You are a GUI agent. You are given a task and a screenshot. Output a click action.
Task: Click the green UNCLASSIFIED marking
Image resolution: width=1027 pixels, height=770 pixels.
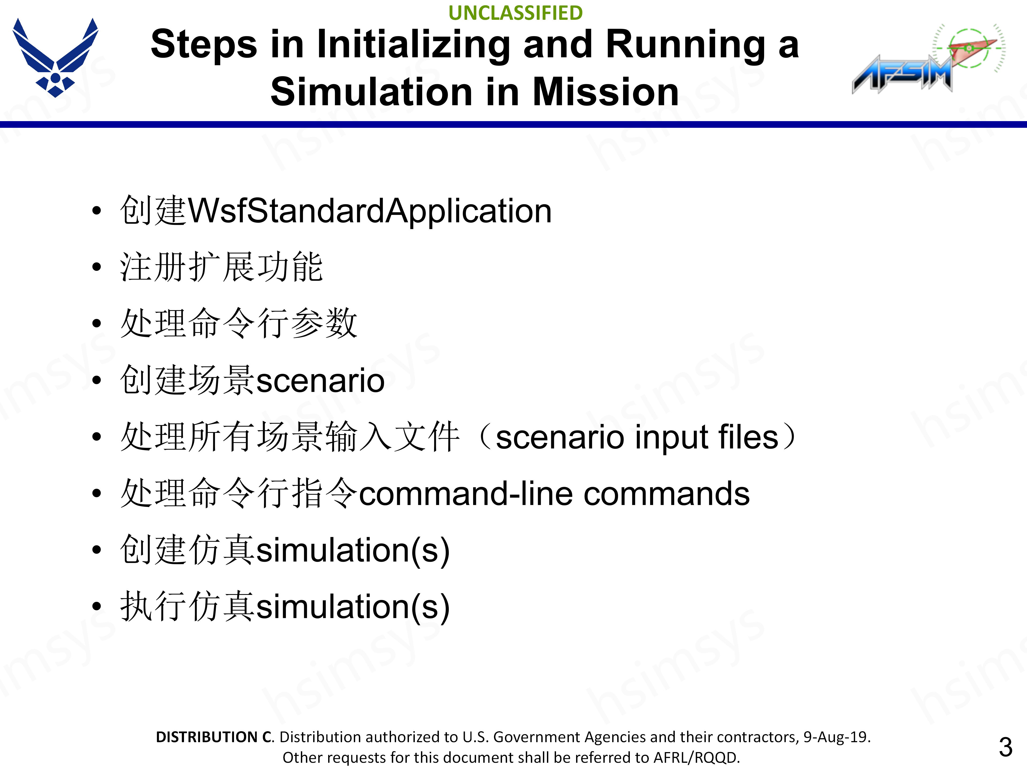[515, 13]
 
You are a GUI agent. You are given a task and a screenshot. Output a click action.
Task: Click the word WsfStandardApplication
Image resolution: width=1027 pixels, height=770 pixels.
[370, 211]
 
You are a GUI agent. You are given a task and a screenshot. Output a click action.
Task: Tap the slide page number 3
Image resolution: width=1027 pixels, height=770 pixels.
[1005, 747]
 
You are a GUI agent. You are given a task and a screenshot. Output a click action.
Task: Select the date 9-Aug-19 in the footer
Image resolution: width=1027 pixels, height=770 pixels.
[836, 737]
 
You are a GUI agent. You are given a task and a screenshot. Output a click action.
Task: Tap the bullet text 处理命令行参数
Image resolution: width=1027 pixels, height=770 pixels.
[239, 324]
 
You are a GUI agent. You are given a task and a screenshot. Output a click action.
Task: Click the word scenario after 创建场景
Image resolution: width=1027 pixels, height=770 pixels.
[320, 381]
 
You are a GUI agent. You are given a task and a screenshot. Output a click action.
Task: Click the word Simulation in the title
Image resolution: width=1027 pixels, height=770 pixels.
[371, 92]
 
